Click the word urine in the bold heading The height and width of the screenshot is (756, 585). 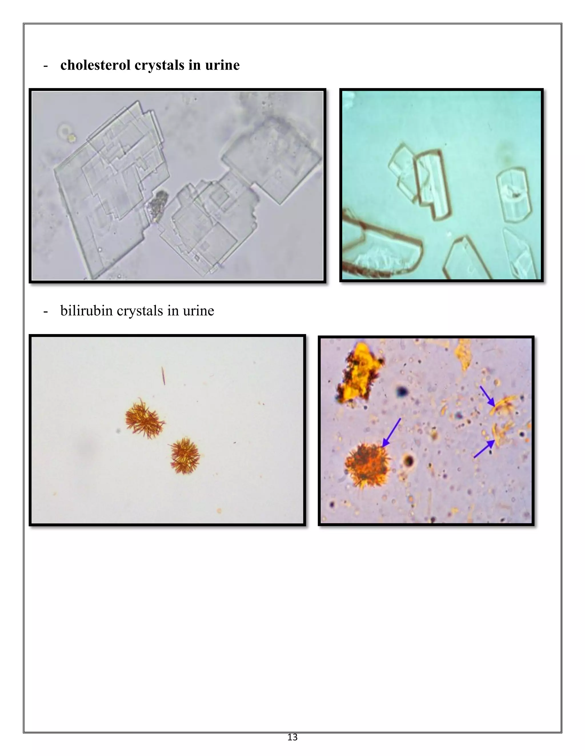pyautogui.click(x=222, y=65)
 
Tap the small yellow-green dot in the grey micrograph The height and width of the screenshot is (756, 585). pyautogui.click(x=72, y=138)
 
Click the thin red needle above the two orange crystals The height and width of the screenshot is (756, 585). pyautogui.click(x=163, y=376)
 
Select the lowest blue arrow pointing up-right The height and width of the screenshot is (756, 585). pyautogui.click(x=484, y=449)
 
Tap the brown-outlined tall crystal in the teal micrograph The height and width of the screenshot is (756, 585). pyautogui.click(x=433, y=185)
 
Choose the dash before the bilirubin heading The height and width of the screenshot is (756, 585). pyautogui.click(x=45, y=311)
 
